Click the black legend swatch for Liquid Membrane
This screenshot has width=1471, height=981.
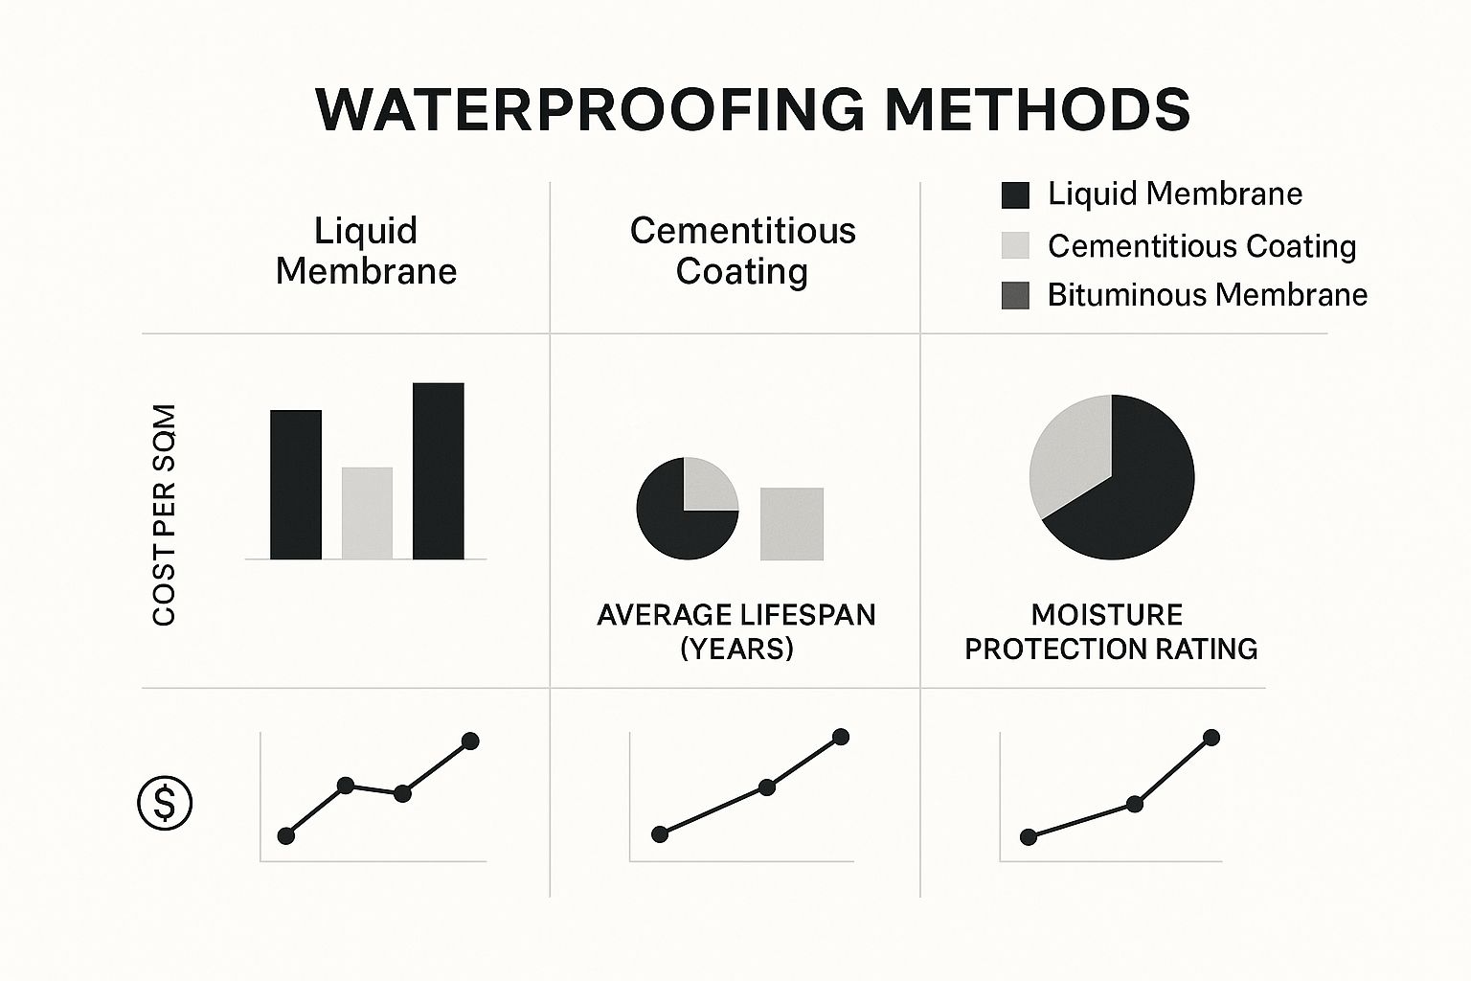(1015, 195)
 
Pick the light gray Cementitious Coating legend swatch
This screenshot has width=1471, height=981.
(1015, 246)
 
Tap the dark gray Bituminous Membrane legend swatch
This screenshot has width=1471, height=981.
(1015, 295)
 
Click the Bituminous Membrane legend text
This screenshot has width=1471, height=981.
(1207, 295)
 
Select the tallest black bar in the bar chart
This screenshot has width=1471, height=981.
(439, 470)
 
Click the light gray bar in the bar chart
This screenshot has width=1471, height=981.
(367, 513)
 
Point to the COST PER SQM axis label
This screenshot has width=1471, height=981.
(165, 515)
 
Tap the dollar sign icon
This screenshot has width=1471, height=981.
(165, 803)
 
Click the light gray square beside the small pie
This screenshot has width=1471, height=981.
(791, 524)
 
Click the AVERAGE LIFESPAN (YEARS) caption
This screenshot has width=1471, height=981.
(735, 631)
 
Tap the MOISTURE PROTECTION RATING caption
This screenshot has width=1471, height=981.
(1110, 631)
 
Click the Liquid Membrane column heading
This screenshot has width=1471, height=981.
(366, 251)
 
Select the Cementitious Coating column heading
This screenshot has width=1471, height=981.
(742, 251)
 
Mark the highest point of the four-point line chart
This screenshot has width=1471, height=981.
(470, 741)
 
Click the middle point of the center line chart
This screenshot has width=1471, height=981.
(766, 787)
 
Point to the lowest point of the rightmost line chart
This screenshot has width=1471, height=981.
(1029, 837)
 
